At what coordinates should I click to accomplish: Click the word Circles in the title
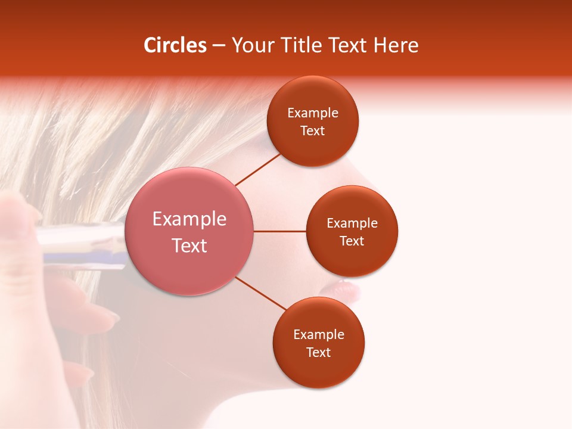point(175,45)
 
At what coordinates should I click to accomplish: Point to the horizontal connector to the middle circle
point(280,231)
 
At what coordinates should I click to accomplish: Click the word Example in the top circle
point(313,113)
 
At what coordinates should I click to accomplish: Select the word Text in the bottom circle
point(318,353)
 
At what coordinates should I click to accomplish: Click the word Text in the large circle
point(189,245)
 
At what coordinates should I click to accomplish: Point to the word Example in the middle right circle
point(352,223)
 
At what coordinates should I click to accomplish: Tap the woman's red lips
point(344,290)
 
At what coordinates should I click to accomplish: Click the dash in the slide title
point(219,46)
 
